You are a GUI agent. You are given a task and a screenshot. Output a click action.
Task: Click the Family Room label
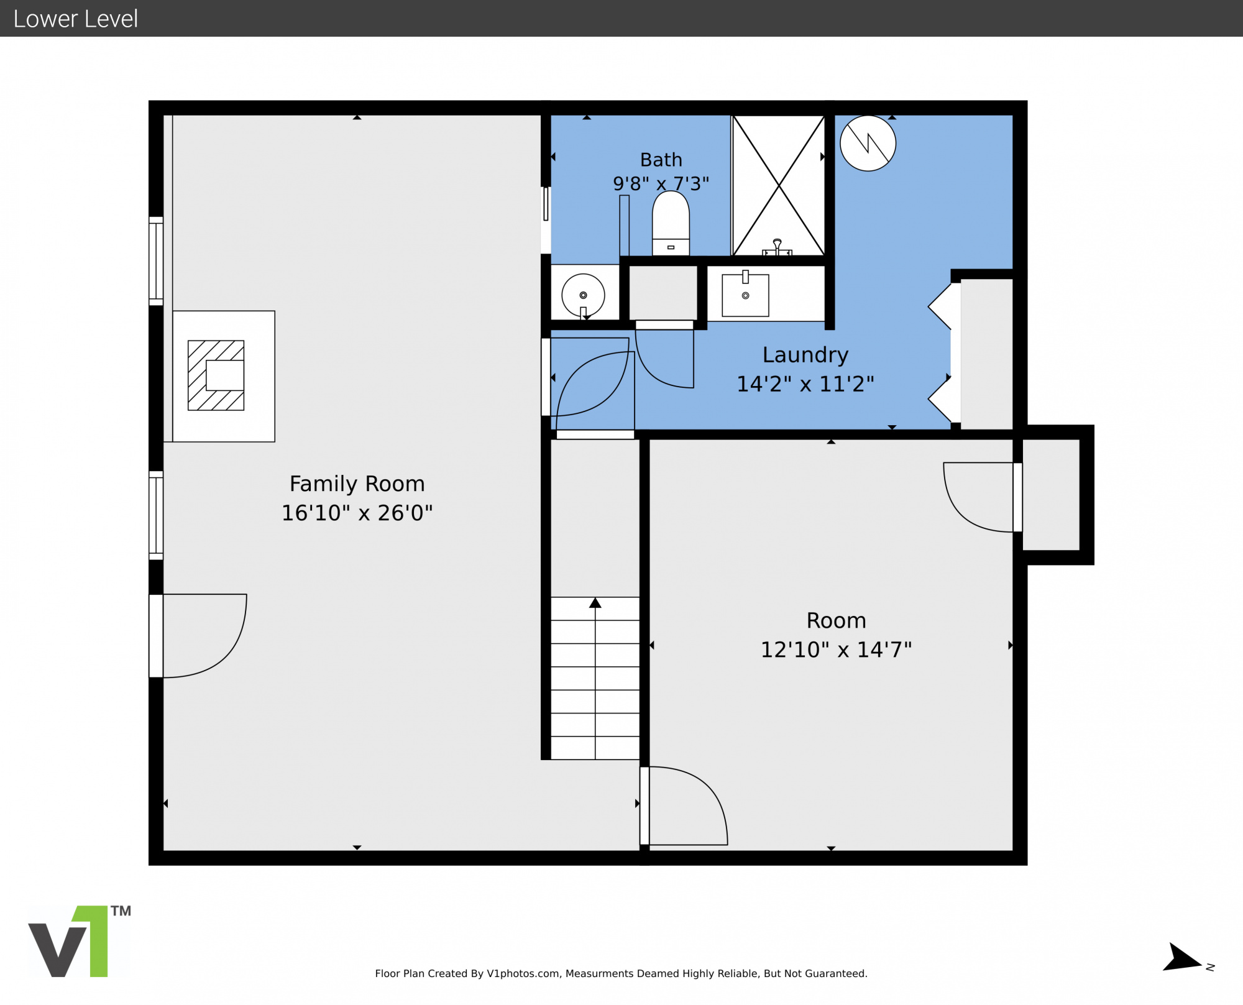(357, 484)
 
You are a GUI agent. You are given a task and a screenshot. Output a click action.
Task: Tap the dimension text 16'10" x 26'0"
(357, 513)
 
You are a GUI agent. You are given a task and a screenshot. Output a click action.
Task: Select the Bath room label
(661, 160)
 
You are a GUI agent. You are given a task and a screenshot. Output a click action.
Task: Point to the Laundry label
(805, 355)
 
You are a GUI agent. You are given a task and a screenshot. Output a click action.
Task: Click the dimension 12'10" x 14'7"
(836, 649)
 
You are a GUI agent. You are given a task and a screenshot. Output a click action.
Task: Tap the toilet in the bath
(671, 223)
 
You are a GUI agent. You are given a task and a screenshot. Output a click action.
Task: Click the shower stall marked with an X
(779, 185)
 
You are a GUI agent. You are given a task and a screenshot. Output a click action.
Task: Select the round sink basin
(583, 295)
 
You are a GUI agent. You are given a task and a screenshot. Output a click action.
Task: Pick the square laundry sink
(745, 295)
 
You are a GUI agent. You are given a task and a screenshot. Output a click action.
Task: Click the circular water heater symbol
(868, 143)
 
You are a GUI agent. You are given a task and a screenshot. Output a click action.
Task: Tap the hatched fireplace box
(216, 375)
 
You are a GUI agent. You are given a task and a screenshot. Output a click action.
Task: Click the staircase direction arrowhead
(595, 603)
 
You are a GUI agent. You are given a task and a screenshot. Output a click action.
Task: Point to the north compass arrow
(1181, 958)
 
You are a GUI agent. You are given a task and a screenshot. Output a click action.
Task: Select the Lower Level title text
(75, 19)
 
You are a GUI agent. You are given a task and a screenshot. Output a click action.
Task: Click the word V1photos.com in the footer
(523, 973)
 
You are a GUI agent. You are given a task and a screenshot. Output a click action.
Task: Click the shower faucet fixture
(777, 247)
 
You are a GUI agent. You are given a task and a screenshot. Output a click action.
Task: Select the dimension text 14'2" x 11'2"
(805, 384)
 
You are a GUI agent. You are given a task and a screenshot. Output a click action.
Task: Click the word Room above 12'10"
(836, 620)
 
